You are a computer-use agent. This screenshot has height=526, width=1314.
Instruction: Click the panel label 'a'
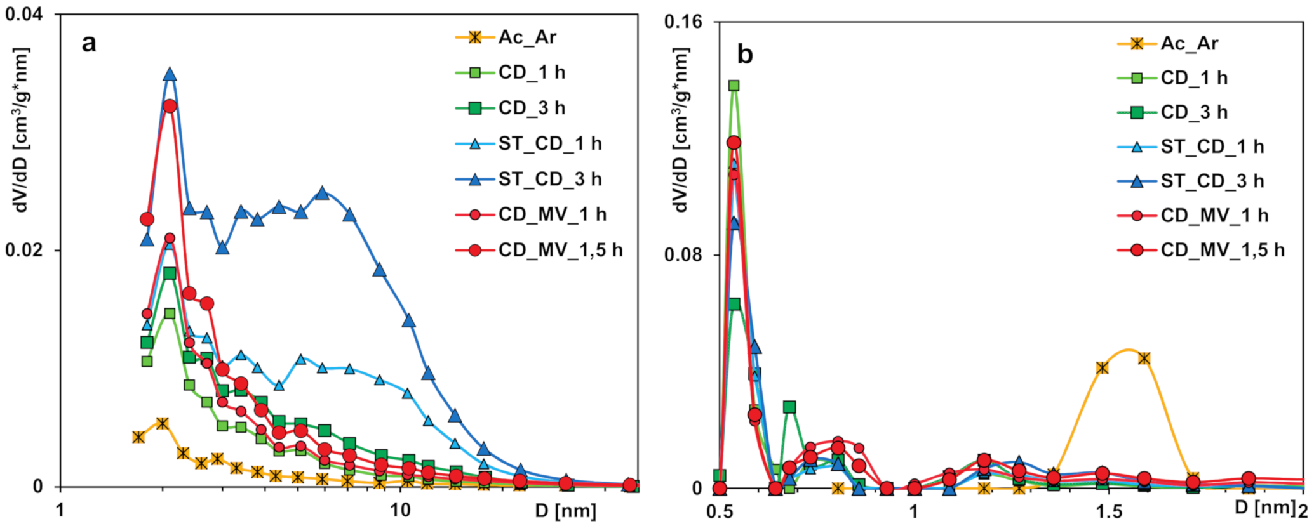pyautogui.click(x=90, y=44)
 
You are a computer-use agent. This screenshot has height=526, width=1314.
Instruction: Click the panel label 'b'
pyautogui.click(x=744, y=55)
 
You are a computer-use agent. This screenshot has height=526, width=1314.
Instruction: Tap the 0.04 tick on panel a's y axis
pyautogui.click(x=25, y=13)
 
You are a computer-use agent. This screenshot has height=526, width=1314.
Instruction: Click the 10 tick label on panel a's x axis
pyautogui.click(x=401, y=510)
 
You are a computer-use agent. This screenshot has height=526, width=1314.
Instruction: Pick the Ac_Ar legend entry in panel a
pyautogui.click(x=526, y=37)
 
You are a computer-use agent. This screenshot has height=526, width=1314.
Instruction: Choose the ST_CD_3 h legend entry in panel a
pyautogui.click(x=549, y=179)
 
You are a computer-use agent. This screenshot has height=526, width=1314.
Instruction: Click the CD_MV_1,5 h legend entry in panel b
pyautogui.click(x=1222, y=250)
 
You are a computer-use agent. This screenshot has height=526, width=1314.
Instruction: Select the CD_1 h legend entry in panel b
pyautogui.click(x=1193, y=78)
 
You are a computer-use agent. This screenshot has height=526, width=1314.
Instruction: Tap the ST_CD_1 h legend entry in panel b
pyautogui.click(x=1212, y=147)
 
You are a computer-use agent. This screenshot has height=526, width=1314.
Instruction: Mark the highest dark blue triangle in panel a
pyautogui.click(x=170, y=74)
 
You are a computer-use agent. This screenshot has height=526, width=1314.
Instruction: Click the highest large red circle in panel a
pyautogui.click(x=170, y=106)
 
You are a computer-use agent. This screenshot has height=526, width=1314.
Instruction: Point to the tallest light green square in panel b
pyautogui.click(x=734, y=86)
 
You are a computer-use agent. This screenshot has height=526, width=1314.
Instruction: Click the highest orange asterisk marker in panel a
pyautogui.click(x=163, y=423)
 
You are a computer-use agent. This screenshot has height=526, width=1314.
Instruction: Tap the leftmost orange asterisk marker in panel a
pyautogui.click(x=138, y=437)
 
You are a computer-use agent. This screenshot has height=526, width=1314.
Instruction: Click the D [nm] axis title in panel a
pyautogui.click(x=565, y=510)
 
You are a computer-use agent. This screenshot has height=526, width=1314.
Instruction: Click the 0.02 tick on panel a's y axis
pyautogui.click(x=25, y=250)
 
